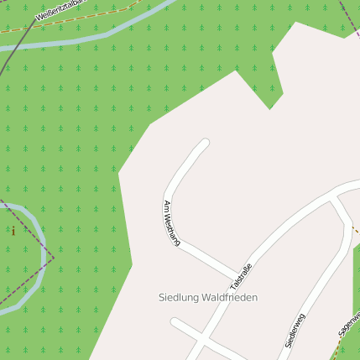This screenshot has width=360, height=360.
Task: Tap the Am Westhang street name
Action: coord(172,222)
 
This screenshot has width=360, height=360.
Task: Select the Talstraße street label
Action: coord(241,277)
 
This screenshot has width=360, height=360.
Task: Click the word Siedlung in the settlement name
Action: coord(180,298)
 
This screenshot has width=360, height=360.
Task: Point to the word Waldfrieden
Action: coord(230,298)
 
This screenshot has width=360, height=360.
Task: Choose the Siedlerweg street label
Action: coord(295,330)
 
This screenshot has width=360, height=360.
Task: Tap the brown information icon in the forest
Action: coord(13,231)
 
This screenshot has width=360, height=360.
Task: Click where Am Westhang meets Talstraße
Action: coord(237,275)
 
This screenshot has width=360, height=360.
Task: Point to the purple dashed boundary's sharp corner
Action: coord(53,253)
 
